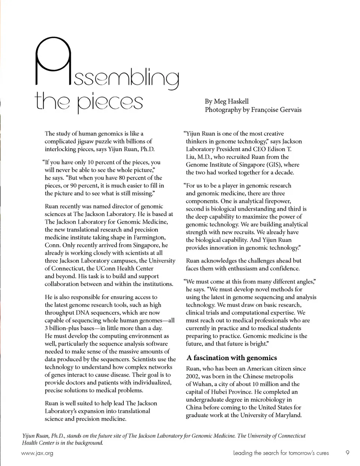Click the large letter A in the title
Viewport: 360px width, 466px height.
point(52,62)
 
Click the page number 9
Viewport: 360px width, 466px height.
point(348,453)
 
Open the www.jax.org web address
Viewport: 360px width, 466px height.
point(37,453)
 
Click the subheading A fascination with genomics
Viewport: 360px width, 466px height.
point(232,358)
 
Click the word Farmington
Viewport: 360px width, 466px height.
point(147,238)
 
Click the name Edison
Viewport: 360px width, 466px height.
point(276,149)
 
